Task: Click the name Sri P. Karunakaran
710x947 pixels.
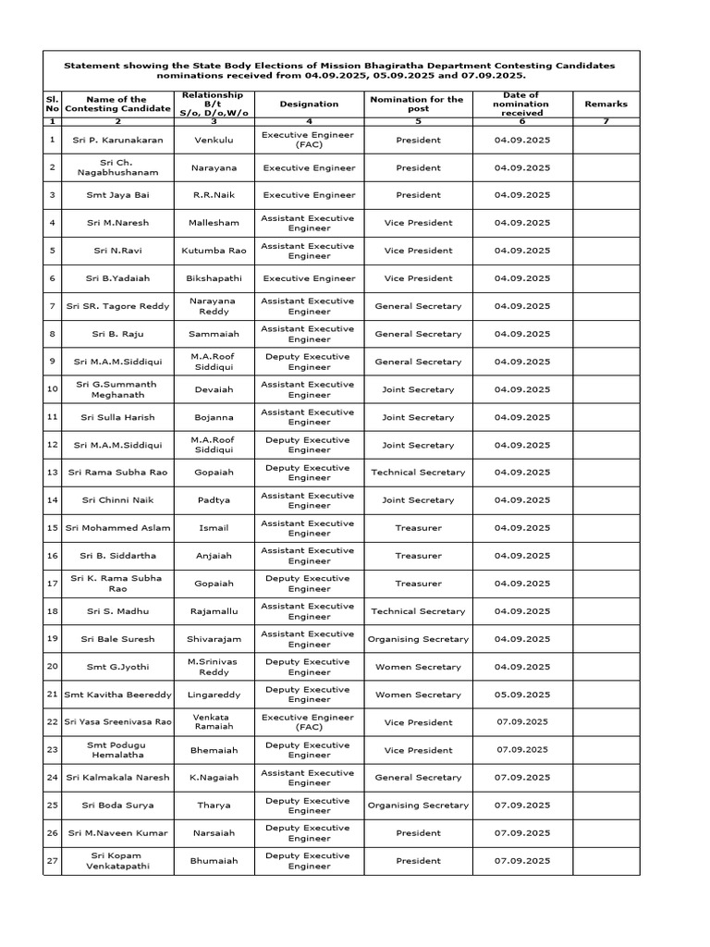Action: pyautogui.click(x=117, y=140)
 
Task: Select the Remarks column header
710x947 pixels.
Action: pyautogui.click(x=606, y=105)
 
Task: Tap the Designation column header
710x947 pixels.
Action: pyautogui.click(x=309, y=105)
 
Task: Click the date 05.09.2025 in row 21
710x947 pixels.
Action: pyautogui.click(x=522, y=695)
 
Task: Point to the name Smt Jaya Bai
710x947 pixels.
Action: pyautogui.click(x=117, y=195)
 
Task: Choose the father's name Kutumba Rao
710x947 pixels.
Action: pyautogui.click(x=214, y=251)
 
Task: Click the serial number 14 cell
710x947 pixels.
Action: pyautogui.click(x=52, y=500)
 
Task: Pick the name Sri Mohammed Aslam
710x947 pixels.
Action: pyautogui.click(x=117, y=528)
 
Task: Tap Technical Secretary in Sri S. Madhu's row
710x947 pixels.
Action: pyautogui.click(x=418, y=611)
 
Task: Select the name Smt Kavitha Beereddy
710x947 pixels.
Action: pyautogui.click(x=117, y=695)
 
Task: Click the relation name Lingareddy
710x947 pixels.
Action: pyautogui.click(x=214, y=695)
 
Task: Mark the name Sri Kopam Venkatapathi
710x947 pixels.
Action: pyautogui.click(x=117, y=861)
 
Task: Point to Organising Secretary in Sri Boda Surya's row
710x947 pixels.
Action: pyautogui.click(x=418, y=806)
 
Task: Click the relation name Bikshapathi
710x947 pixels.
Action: pyautogui.click(x=214, y=278)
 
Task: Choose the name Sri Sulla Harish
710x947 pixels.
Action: pyautogui.click(x=117, y=417)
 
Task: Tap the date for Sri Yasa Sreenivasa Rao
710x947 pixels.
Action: pyautogui.click(x=522, y=722)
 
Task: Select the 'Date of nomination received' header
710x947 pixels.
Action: pyautogui.click(x=522, y=105)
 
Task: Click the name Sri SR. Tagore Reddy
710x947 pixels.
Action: pyautogui.click(x=117, y=306)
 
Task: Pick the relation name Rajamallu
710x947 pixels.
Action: pyautogui.click(x=214, y=611)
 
